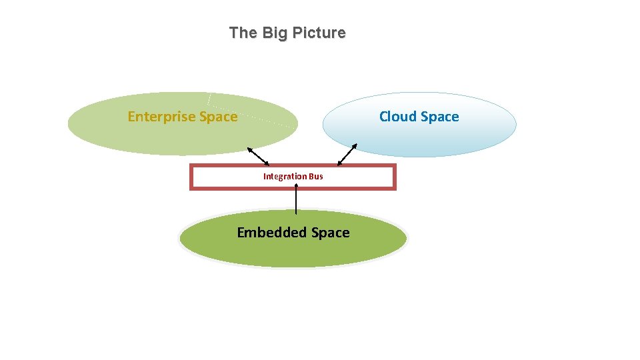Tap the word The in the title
click(243, 33)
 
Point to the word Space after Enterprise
click(215, 117)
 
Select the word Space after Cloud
click(439, 117)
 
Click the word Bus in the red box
click(316, 177)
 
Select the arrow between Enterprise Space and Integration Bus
click(258, 156)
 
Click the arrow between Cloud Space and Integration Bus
click(347, 155)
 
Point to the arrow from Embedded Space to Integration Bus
click(296, 200)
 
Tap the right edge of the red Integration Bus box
click(394, 177)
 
